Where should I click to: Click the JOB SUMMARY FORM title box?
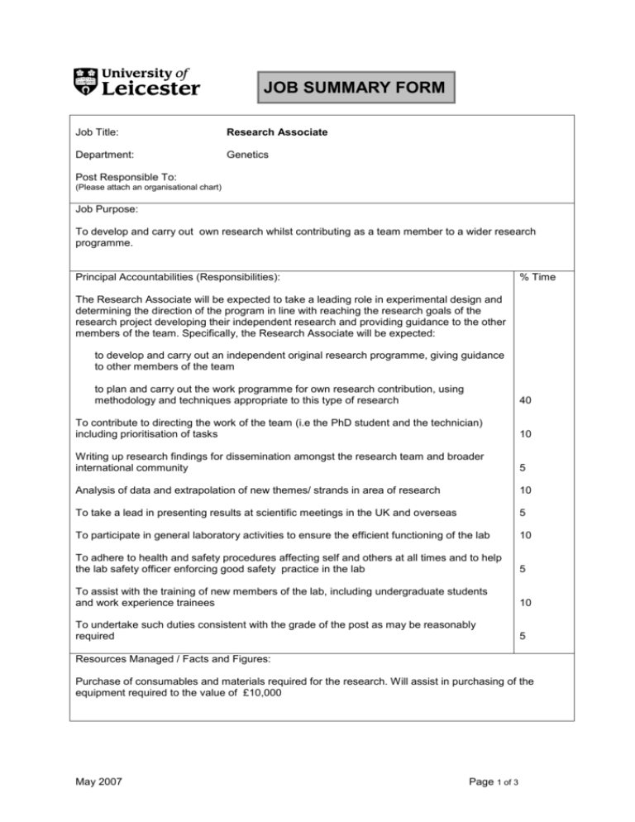tap(356, 86)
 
